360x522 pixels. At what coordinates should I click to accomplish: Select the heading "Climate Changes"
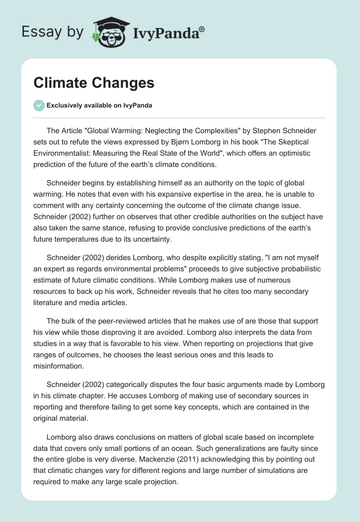tap(94, 83)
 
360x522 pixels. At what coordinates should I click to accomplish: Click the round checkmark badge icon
tap(39, 105)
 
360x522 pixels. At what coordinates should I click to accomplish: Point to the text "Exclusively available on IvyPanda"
tap(99, 106)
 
